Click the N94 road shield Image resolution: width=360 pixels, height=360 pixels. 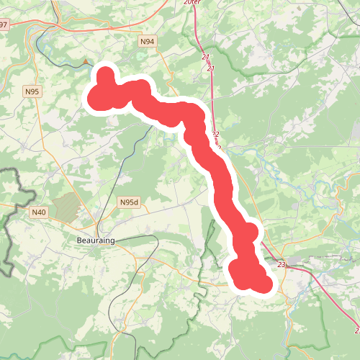click(147, 42)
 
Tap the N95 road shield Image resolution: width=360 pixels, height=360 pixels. click(32, 91)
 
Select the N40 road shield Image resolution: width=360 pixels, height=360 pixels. click(39, 212)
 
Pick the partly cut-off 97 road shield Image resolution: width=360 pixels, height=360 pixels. click(4, 25)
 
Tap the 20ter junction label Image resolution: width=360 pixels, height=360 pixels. click(192, 3)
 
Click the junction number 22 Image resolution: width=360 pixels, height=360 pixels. click(215, 135)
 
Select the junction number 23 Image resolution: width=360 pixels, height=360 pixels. click(281, 265)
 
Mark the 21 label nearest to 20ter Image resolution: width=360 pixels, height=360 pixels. click(205, 57)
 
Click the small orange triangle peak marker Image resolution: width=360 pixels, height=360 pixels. click(88, 62)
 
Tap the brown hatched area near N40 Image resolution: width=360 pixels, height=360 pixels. click(66, 207)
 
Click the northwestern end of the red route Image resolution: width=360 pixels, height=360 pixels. click(104, 76)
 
